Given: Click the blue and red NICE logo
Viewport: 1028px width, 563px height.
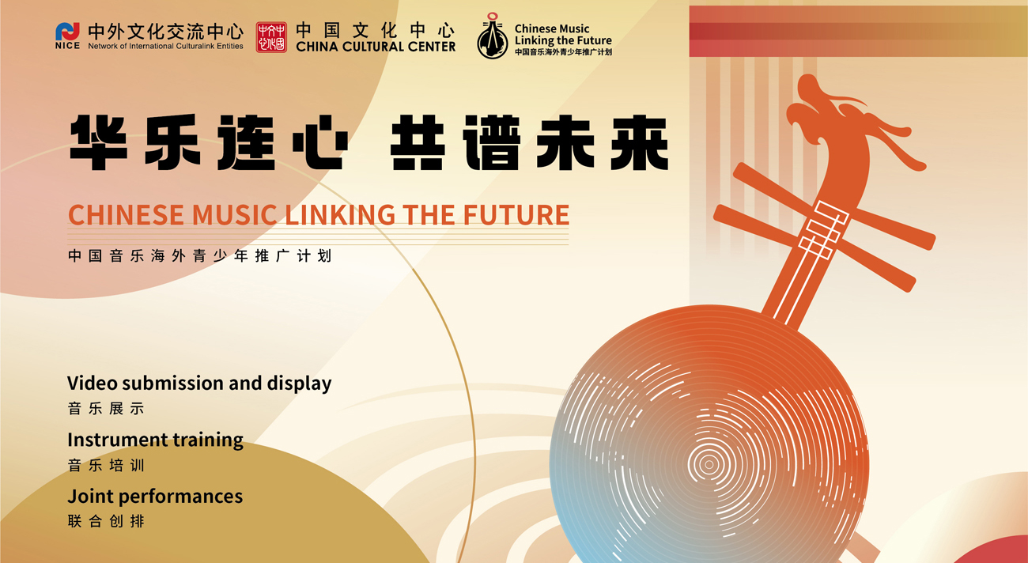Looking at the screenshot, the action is coord(67,36).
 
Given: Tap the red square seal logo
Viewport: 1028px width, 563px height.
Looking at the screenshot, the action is coord(271,37).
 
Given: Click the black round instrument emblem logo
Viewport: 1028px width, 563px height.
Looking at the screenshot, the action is coord(493,36).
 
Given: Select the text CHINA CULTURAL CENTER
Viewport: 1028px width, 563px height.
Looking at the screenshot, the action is coord(376,47).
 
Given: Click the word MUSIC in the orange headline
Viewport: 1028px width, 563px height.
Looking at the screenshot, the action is coord(235,215).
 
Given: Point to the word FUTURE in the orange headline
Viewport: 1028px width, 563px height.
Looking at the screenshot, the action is coord(516,215).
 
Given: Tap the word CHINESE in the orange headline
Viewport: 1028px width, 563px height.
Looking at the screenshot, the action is coord(126,215).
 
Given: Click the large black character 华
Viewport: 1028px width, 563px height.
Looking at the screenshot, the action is coord(99,142).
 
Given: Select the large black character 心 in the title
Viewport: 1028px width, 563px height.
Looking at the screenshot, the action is coord(320,142).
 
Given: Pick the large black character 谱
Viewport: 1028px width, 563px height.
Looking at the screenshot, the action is coord(492,142).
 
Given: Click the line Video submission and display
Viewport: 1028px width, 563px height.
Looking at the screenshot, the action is coord(199,384).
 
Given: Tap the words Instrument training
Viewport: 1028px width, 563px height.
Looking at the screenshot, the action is coord(155,440).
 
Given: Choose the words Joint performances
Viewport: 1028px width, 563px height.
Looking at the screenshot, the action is coord(155,496).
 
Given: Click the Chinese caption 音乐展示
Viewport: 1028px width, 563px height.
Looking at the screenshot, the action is coord(106,408).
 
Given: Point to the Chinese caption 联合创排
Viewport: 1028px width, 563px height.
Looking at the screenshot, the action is coord(106,521).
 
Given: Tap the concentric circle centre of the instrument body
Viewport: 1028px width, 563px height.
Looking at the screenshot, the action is coord(709,464).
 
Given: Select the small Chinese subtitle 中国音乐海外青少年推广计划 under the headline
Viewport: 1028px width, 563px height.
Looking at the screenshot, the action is coord(199,255).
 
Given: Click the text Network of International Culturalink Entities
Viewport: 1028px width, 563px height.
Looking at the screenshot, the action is coord(166,46).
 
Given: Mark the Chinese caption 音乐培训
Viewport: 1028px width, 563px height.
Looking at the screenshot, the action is coord(106,465).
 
